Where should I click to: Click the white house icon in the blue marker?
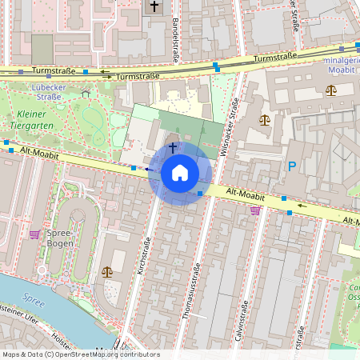[180, 172]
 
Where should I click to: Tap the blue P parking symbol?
[292, 167]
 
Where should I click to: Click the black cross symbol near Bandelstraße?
[154, 6]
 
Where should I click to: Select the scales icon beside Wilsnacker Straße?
[265, 120]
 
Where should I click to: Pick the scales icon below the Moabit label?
[331, 90]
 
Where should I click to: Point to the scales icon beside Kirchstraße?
[107, 271]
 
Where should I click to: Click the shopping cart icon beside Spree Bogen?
[34, 234]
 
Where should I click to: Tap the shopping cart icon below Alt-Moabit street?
[255, 210]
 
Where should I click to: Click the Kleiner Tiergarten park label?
[35, 119]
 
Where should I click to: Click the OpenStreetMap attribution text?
[81, 354]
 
